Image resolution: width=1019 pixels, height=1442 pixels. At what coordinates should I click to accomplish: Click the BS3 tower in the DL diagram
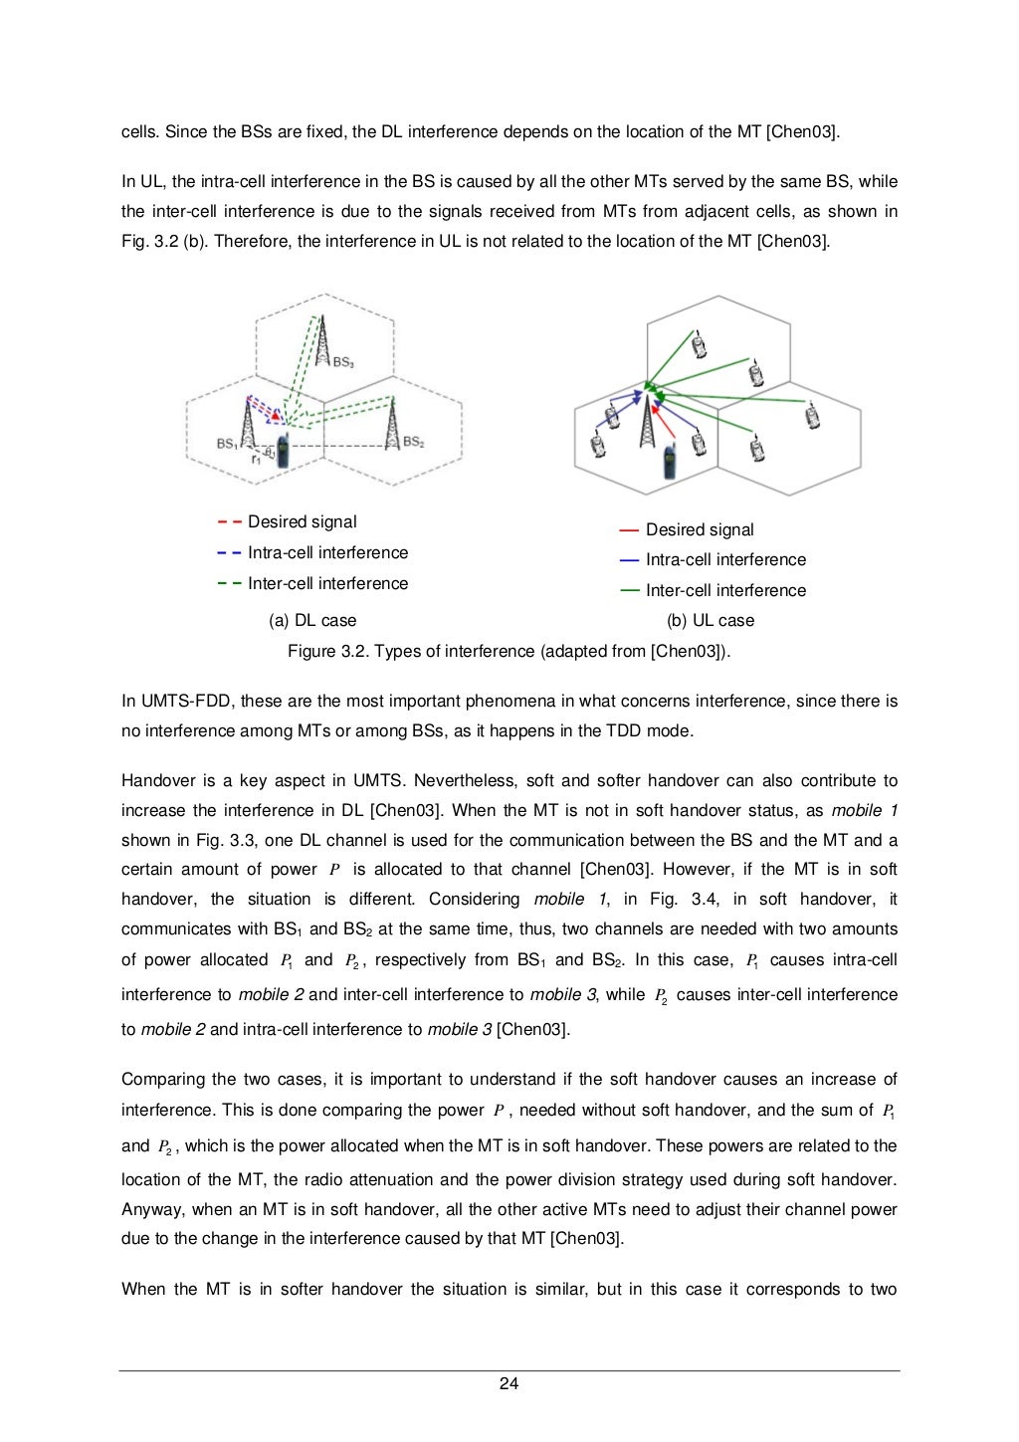321,343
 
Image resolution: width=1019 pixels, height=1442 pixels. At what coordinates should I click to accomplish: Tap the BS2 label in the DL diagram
414,442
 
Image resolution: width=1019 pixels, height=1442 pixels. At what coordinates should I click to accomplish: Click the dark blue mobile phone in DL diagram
283,452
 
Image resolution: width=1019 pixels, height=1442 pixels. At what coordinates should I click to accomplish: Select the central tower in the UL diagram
648,422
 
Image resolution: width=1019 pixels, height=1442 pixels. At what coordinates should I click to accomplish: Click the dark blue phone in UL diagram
670,463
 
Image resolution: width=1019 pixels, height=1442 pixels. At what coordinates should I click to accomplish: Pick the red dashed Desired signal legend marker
229,522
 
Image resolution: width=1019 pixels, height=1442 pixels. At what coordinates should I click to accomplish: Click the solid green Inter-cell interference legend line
629,590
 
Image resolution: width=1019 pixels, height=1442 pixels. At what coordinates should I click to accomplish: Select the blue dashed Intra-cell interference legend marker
229,553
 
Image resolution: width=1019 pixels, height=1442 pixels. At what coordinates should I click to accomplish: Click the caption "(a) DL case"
312,621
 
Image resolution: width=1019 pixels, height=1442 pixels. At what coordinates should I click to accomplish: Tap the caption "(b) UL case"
711,621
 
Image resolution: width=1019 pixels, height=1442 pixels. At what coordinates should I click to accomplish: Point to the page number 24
509,1384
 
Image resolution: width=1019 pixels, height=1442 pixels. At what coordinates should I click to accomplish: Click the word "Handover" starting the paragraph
159,781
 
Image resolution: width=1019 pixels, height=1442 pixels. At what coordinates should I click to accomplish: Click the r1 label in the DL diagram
256,459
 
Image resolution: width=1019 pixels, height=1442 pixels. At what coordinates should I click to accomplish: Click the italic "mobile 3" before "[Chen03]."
460,1030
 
